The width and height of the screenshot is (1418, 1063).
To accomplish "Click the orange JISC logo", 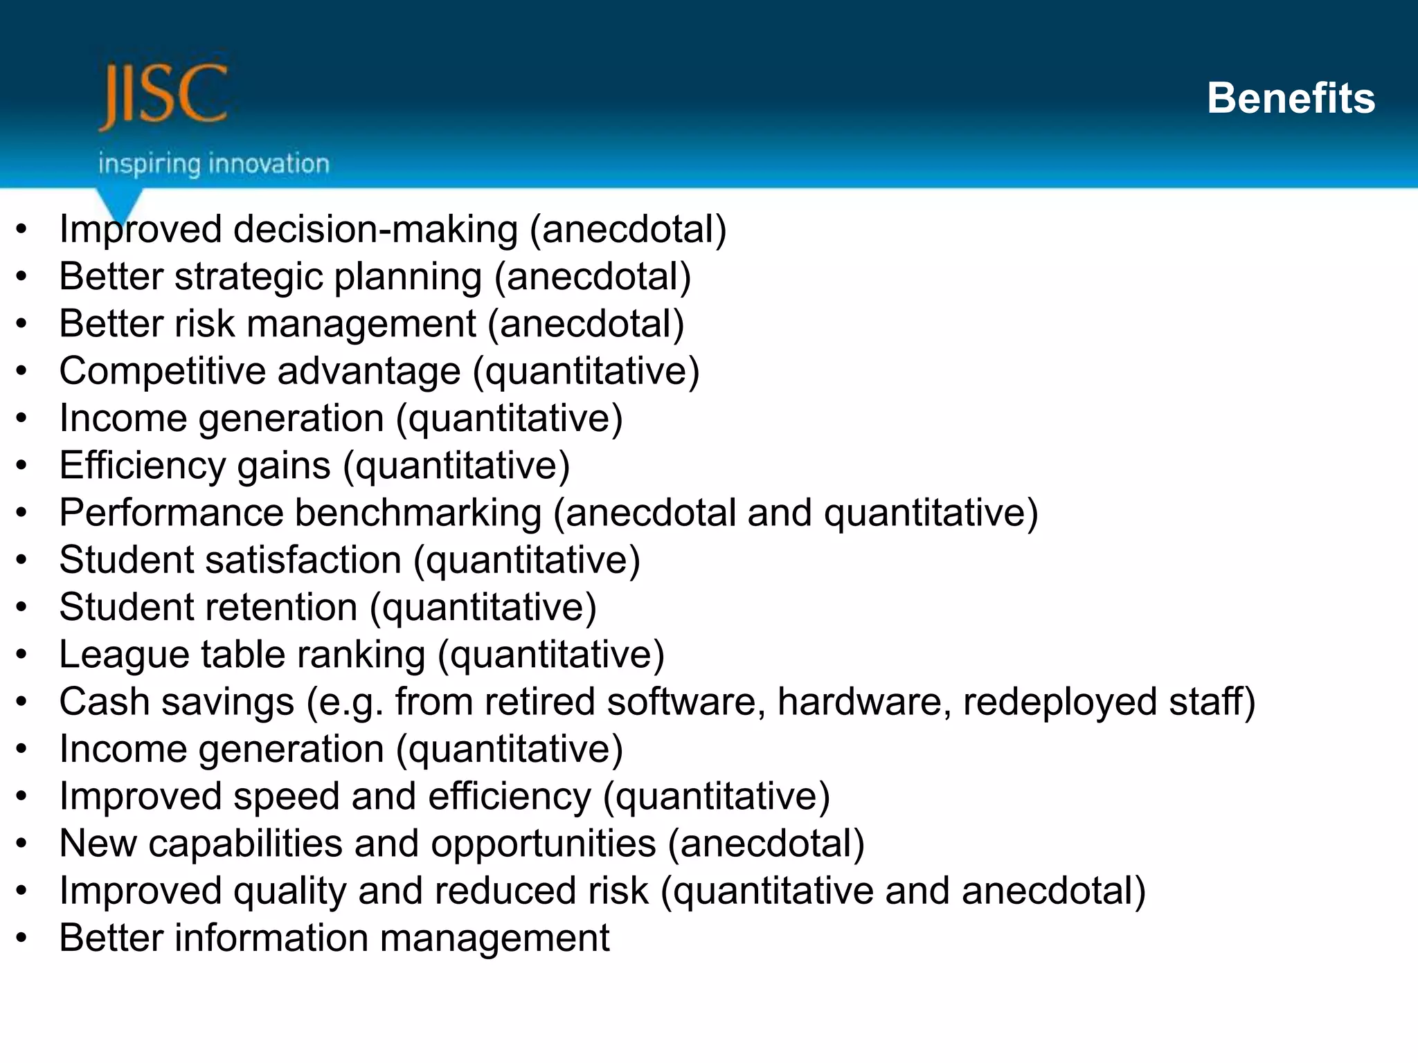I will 163,96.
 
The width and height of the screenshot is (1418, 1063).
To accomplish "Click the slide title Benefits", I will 1291,98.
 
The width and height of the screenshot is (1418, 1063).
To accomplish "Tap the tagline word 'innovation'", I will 269,165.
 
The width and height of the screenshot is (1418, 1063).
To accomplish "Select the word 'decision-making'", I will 375,230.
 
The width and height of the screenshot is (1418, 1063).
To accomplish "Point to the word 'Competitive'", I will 163,372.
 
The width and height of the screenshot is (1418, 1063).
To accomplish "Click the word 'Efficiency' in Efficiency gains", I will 143,466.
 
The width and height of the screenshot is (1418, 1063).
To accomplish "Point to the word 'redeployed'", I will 1059,702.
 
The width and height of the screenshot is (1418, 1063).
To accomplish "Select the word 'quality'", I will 289,891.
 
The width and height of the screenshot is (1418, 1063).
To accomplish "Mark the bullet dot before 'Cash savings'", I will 22,702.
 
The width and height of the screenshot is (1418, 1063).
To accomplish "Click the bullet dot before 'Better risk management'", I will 22,324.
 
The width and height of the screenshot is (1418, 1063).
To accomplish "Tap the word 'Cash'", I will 104,702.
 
